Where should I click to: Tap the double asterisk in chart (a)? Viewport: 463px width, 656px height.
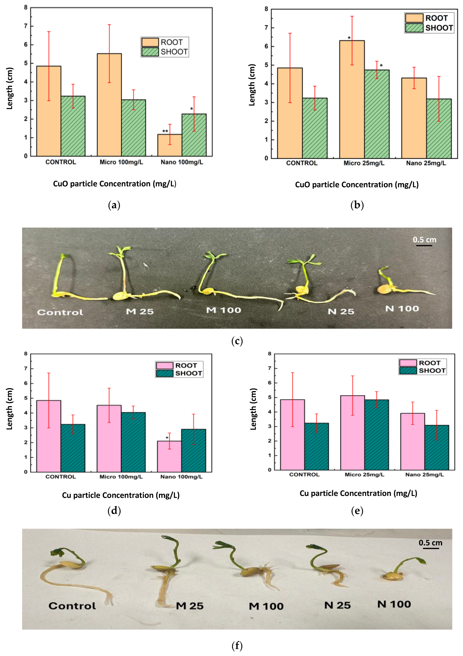165,131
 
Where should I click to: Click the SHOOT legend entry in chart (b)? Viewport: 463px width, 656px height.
429,28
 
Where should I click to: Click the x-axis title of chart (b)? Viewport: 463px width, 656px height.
357,185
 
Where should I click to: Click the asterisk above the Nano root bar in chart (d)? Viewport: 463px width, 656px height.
167,438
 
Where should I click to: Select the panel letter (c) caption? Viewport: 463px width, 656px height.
237,341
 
